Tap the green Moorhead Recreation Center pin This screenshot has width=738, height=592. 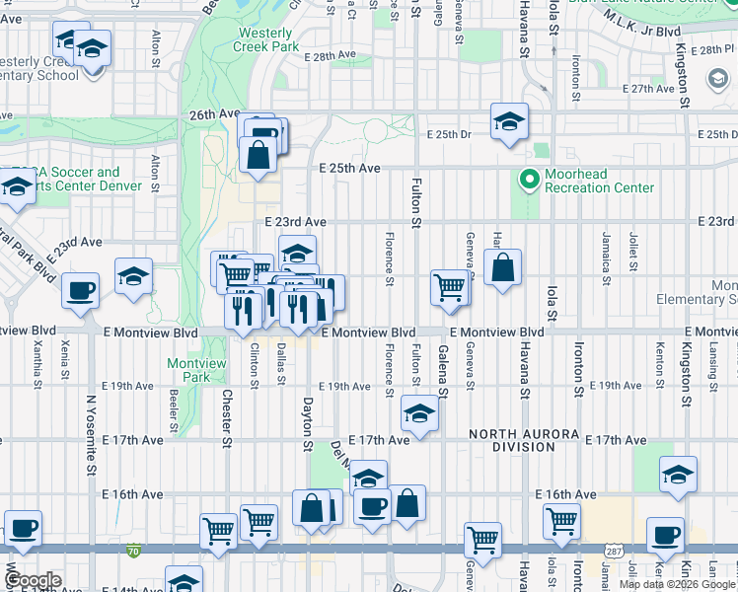point(529,180)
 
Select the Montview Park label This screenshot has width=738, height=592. point(196,370)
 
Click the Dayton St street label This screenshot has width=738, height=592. point(307,425)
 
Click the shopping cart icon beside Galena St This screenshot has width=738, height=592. point(449,287)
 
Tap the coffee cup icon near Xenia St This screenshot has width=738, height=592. point(80,290)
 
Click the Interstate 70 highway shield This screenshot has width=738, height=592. point(133,549)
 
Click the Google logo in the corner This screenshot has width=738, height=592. point(33,580)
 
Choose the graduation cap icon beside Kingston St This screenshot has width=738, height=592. point(678,475)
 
